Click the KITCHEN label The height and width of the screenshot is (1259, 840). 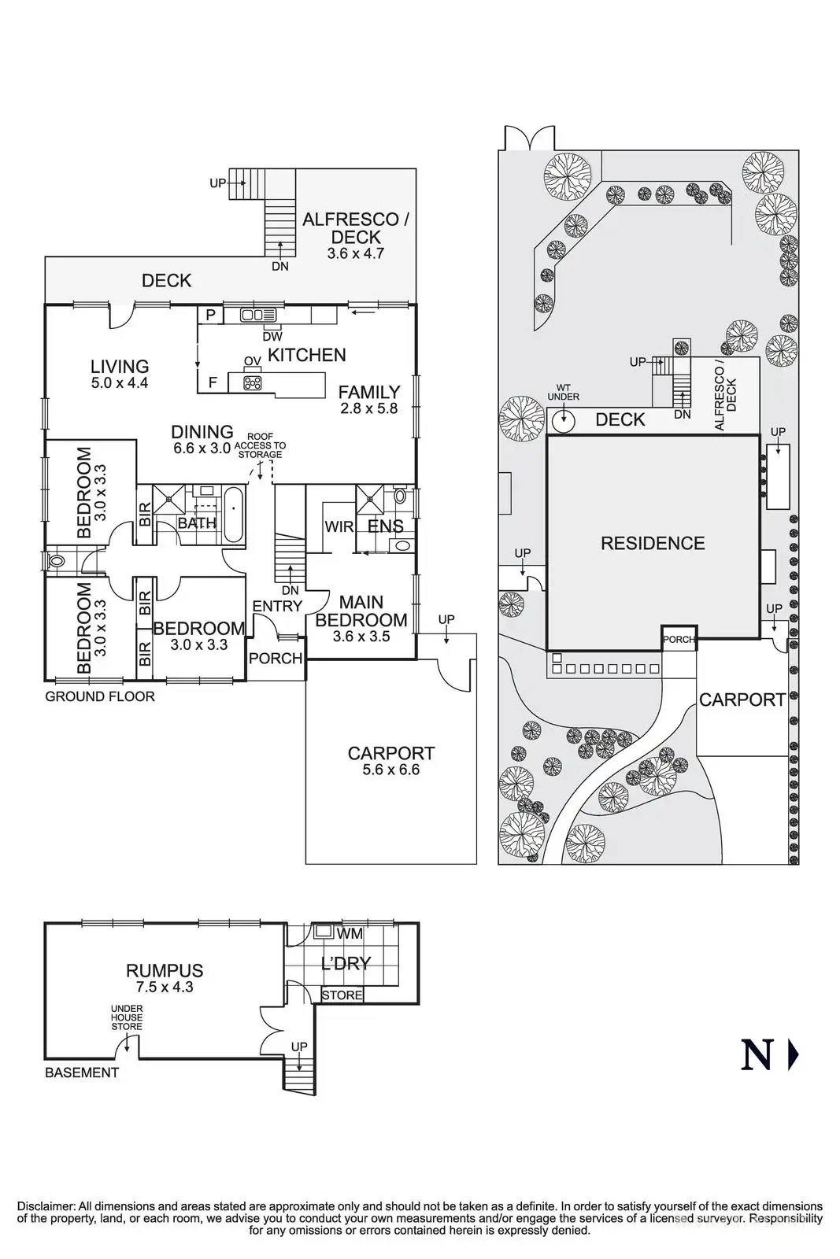tap(306, 355)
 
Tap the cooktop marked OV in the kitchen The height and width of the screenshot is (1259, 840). tap(252, 382)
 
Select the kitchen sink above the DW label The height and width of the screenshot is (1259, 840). tap(259, 316)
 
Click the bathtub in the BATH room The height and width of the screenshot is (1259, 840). tap(235, 515)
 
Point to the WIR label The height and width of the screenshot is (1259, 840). tap(339, 526)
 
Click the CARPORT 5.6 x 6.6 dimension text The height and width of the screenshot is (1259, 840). tap(391, 770)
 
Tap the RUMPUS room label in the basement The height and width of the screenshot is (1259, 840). tap(165, 971)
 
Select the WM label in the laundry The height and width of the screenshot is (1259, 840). tap(350, 934)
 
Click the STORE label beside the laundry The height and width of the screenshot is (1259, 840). tap(342, 995)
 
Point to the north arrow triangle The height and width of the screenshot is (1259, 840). tap(793, 1055)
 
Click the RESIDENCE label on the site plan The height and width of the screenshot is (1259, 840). tap(653, 544)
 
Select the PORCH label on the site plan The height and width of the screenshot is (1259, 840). tap(679, 640)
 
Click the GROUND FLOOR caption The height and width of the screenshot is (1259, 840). tap(100, 696)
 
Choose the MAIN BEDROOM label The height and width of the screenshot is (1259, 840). tap(361, 611)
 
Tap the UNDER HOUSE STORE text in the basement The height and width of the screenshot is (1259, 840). tap(126, 1017)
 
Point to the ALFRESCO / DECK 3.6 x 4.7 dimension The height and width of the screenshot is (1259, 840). tap(355, 254)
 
